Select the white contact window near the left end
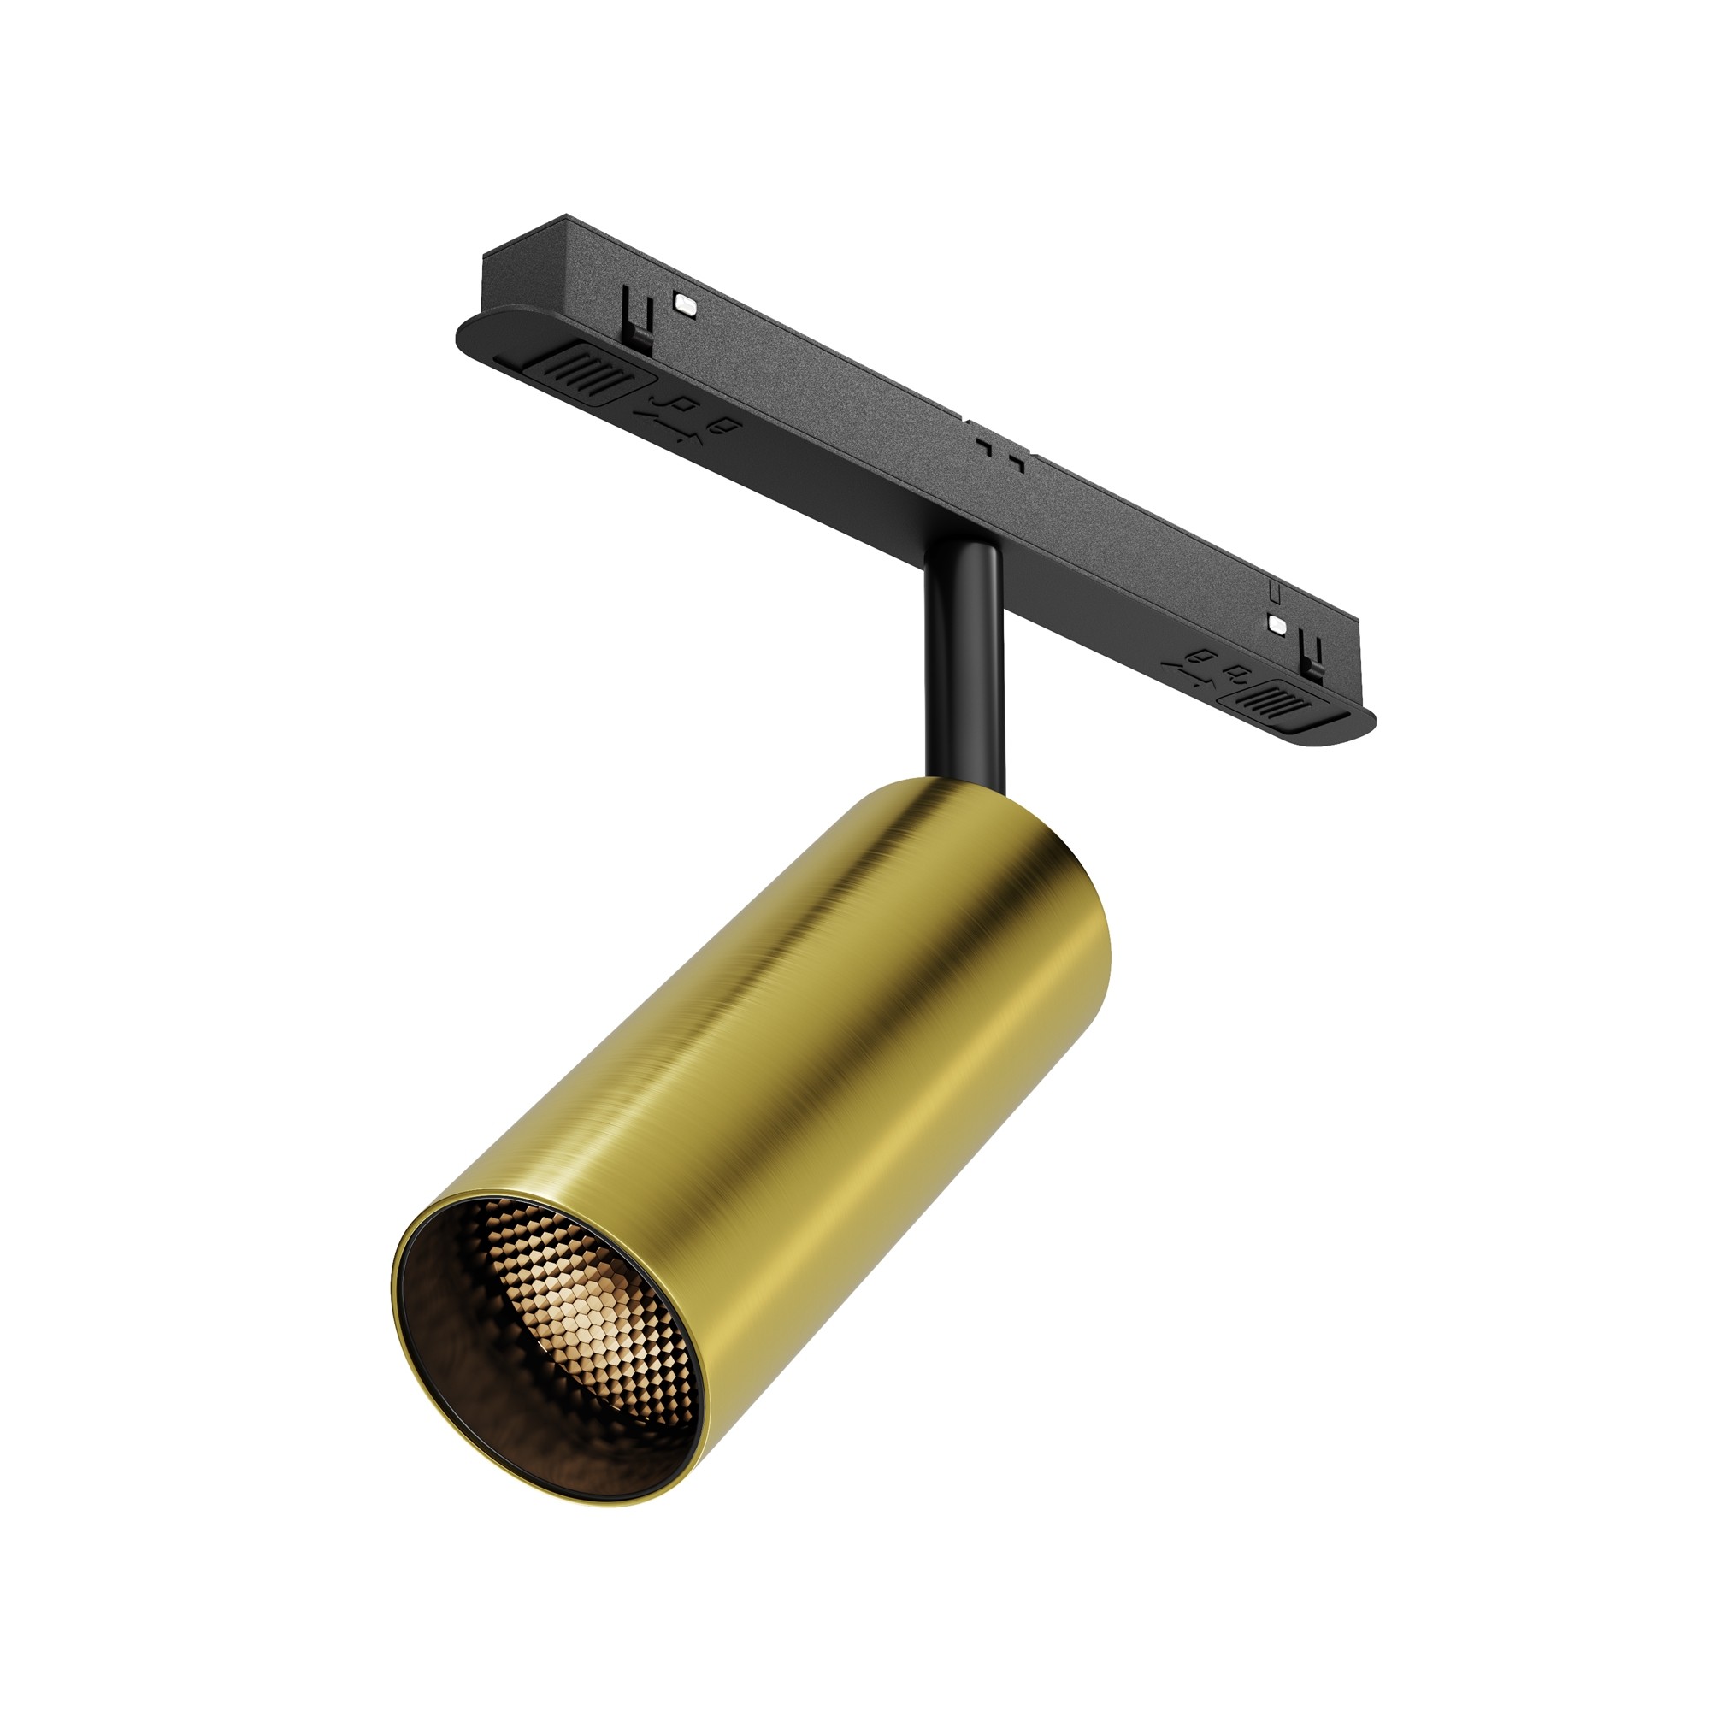click(x=685, y=302)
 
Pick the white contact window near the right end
click(x=1277, y=623)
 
